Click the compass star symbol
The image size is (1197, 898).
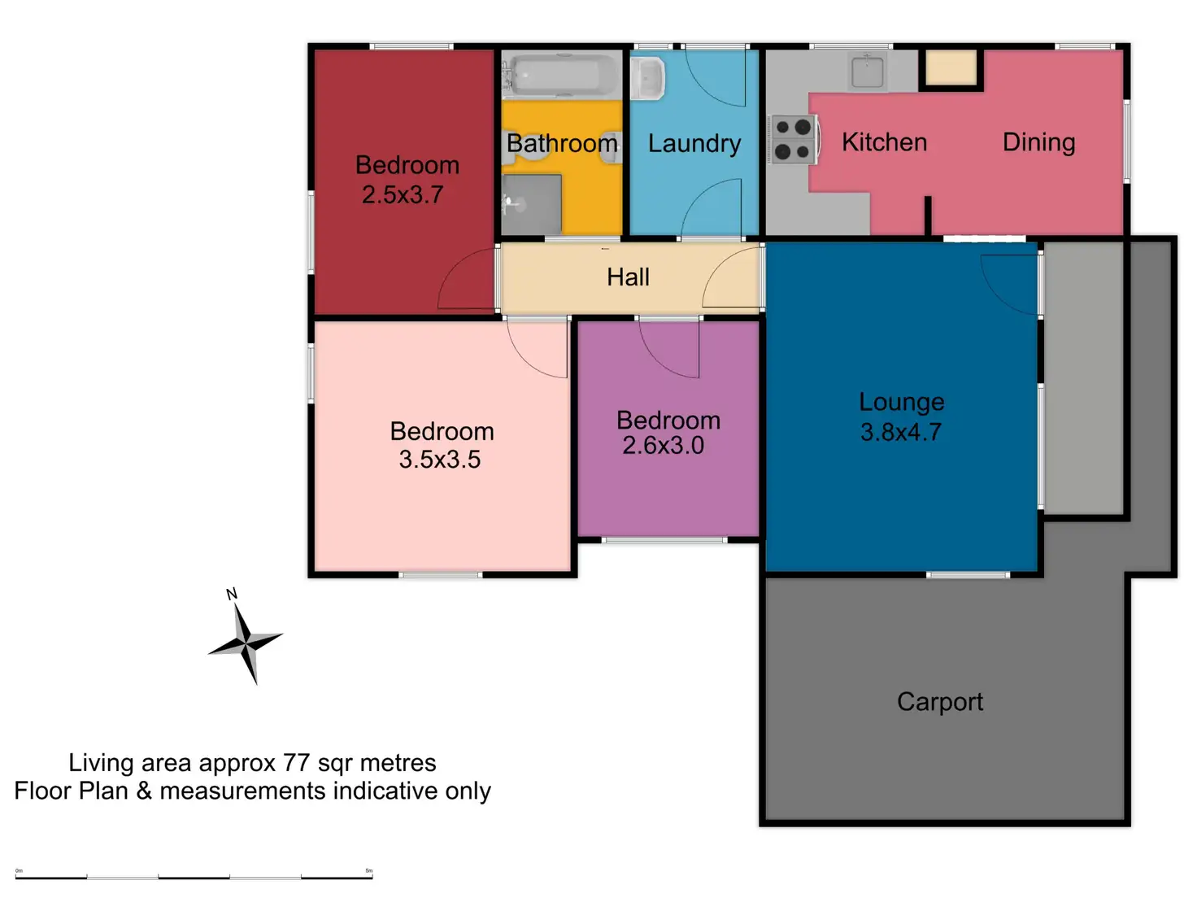click(x=246, y=643)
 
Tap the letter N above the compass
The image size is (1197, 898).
click(x=232, y=594)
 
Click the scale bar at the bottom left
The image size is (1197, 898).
click(x=194, y=877)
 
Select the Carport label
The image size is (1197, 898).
click(x=939, y=702)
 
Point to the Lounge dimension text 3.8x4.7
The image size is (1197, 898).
click(x=901, y=432)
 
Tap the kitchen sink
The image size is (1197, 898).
click(x=867, y=72)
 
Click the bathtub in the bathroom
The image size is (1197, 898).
click(x=561, y=76)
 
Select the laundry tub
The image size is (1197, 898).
click(x=648, y=79)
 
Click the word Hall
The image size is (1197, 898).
click(x=628, y=277)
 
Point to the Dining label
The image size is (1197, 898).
click(x=1038, y=142)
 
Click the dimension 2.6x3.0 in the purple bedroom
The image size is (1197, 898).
click(x=663, y=446)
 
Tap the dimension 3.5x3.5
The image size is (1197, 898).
click(x=439, y=460)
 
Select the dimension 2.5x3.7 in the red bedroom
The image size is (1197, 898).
click(x=402, y=195)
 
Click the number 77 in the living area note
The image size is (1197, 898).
click(x=296, y=763)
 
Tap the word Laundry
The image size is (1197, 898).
click(x=694, y=144)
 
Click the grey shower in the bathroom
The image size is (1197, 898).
click(x=532, y=203)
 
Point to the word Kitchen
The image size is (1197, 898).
click(x=884, y=142)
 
